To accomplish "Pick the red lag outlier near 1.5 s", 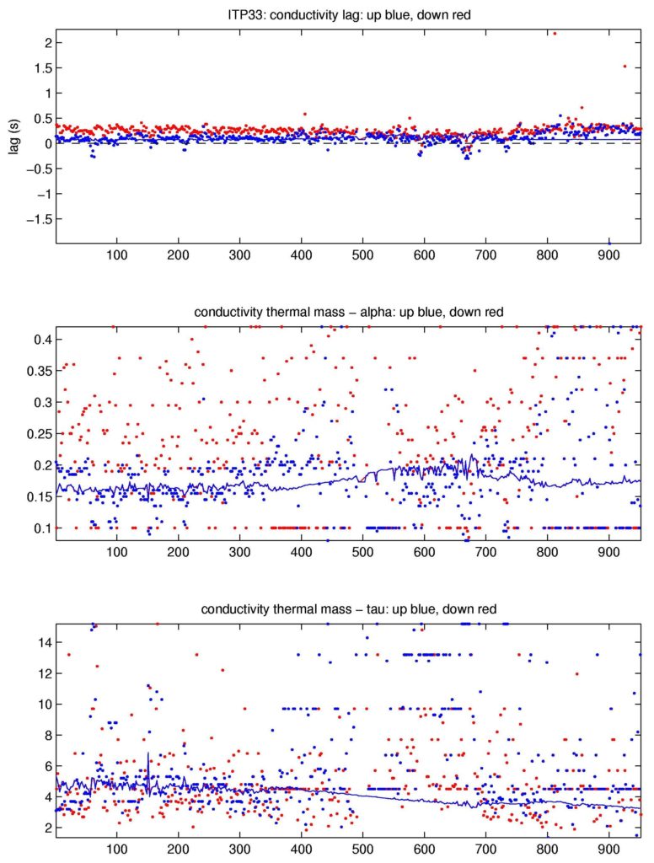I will click(x=625, y=66).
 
